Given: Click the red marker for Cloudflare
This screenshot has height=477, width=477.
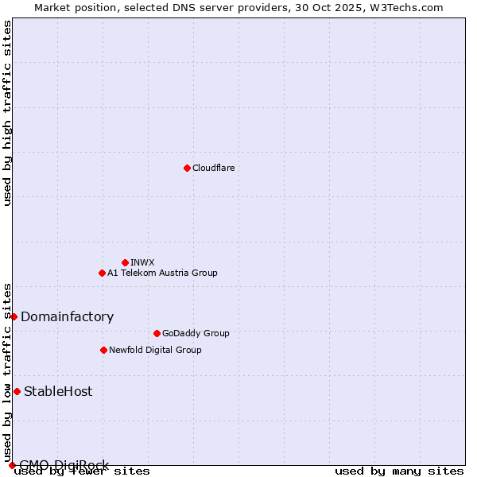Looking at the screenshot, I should [187, 168].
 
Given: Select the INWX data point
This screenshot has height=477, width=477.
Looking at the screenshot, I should [125, 262].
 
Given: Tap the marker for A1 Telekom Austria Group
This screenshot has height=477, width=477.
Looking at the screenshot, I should [102, 273].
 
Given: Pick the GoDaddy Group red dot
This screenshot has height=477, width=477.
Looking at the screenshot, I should [157, 333].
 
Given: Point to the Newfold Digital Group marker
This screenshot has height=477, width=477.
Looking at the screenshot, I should [103, 350].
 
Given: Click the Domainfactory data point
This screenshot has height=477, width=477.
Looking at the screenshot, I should [14, 316].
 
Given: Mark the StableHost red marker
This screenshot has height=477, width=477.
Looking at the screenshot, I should [17, 391].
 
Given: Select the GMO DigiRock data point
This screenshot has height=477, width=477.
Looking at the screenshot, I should [12, 465].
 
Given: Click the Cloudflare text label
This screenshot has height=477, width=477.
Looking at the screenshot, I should [213, 168].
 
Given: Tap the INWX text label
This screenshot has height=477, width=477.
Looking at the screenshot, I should [142, 262].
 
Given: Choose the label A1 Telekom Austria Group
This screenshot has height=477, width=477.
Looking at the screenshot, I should [162, 273].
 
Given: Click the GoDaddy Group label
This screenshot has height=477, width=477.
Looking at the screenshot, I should [196, 333].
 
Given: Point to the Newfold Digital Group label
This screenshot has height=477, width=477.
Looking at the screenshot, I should [155, 350].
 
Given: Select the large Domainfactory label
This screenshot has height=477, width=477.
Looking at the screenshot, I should [67, 316].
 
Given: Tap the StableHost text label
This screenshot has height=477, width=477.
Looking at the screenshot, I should [58, 391].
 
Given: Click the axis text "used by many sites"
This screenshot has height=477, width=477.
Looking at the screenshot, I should [399, 471].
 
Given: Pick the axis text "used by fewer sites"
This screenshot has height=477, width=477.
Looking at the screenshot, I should [82, 471].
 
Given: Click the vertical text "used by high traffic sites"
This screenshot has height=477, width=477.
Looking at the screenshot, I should [7, 113].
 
